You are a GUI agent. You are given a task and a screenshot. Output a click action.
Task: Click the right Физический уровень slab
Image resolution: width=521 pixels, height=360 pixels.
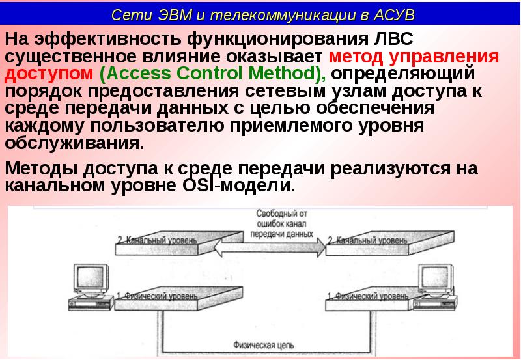pos(368,299)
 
